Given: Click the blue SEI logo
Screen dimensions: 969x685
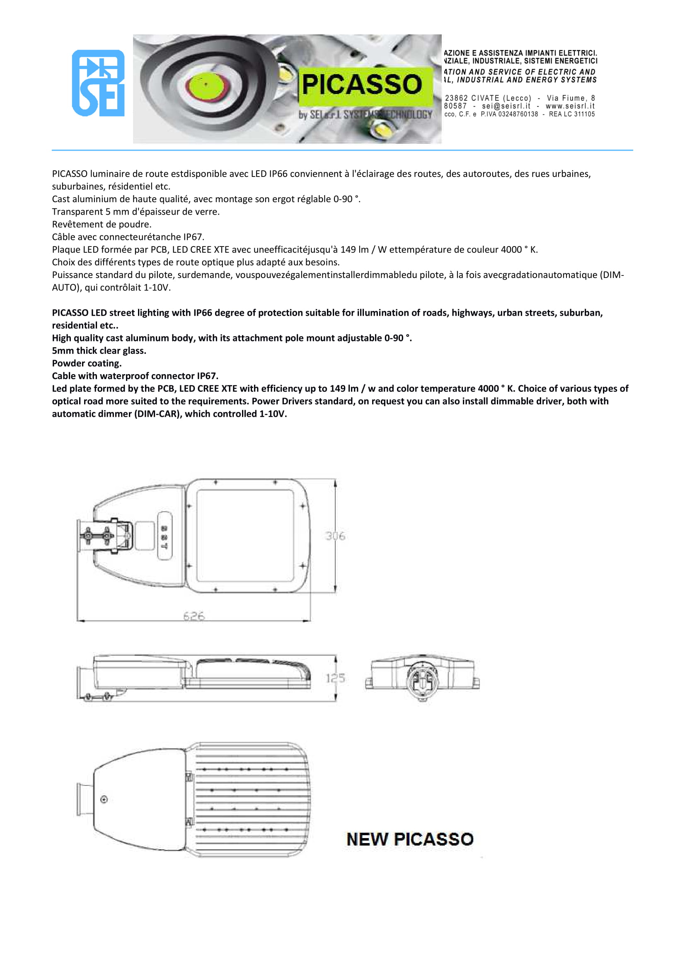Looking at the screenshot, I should [x=98, y=83].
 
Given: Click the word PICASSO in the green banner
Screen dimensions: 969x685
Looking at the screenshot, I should [x=362, y=84].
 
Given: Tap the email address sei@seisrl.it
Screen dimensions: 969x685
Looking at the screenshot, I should [x=506, y=106].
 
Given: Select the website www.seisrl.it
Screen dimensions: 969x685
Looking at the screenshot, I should [x=570, y=106].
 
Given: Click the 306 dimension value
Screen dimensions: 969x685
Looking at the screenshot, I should [x=335, y=536].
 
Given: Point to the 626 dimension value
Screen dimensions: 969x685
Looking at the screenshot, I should [x=194, y=616].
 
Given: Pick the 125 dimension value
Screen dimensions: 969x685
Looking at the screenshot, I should [x=335, y=678].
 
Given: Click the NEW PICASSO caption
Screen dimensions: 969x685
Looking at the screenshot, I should [x=409, y=839].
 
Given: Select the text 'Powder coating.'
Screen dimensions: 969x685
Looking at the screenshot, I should [x=87, y=363].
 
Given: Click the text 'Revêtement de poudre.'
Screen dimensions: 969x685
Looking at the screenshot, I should [x=101, y=224].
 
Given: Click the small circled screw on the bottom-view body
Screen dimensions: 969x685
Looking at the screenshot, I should [x=104, y=799].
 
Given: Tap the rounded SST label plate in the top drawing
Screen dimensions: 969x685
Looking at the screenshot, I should [x=165, y=536].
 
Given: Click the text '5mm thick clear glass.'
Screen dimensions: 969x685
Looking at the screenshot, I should [x=99, y=351].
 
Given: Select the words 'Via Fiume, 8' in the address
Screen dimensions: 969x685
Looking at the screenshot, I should [x=571, y=98].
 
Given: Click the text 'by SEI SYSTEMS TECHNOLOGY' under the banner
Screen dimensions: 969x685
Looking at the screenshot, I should [x=365, y=115].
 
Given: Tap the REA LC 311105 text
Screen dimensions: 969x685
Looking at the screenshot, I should [x=571, y=114].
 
